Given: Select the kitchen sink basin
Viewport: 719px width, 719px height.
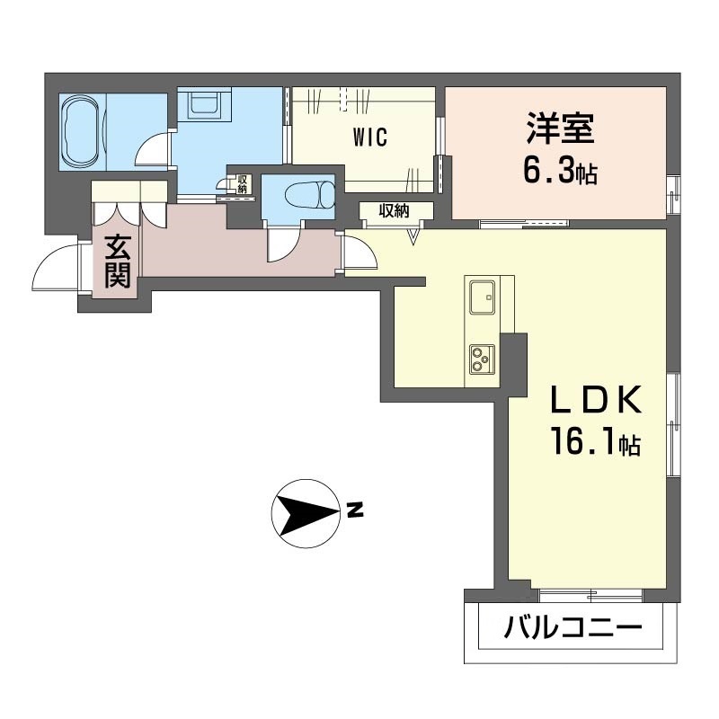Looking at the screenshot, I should (x=482, y=296).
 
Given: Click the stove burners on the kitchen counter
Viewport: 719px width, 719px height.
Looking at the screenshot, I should (x=481, y=359).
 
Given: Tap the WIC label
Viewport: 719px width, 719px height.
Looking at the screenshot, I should (x=369, y=138).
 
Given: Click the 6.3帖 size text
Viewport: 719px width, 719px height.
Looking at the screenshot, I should (x=561, y=172).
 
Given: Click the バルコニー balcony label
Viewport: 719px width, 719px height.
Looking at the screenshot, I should (x=573, y=626).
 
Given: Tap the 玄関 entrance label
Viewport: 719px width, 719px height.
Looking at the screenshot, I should (x=117, y=260).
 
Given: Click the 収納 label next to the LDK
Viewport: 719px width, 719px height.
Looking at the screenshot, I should (x=395, y=211).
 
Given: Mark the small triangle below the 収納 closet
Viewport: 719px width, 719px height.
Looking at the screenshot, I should (x=413, y=236).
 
